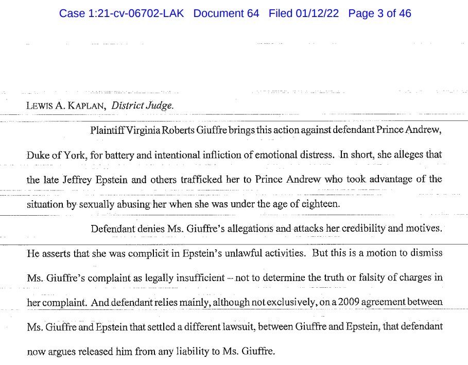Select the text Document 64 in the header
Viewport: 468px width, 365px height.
(226, 13)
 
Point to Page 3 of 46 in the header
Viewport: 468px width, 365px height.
(379, 13)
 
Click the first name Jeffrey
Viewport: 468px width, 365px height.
(77, 179)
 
